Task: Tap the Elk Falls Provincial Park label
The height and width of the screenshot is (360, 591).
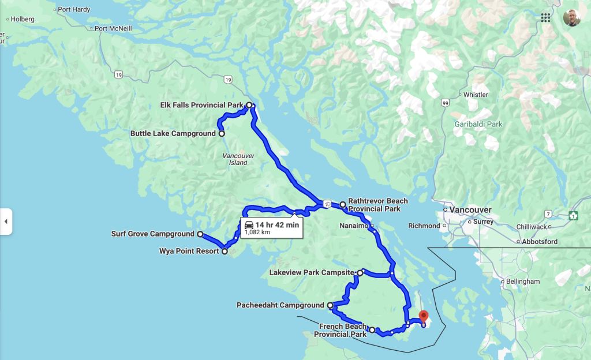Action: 202,105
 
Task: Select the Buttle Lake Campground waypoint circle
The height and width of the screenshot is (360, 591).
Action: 222,134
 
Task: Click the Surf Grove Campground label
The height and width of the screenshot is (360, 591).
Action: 152,234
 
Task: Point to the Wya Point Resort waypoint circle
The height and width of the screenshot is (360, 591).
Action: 225,252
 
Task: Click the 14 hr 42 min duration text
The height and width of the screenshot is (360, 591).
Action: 278,225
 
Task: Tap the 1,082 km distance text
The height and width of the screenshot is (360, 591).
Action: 257,232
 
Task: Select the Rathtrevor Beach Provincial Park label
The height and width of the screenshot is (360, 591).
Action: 377,205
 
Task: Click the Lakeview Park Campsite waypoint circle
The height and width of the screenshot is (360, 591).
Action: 360,272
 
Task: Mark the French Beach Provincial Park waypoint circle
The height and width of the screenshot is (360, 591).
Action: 372,330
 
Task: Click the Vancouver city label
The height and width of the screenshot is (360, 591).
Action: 472,209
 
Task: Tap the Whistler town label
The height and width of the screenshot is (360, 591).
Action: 476,95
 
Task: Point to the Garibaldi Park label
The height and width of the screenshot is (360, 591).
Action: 478,124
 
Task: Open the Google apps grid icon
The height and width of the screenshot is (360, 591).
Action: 545,17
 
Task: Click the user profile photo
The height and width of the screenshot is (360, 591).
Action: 572,17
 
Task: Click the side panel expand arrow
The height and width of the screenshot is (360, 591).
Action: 6,222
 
